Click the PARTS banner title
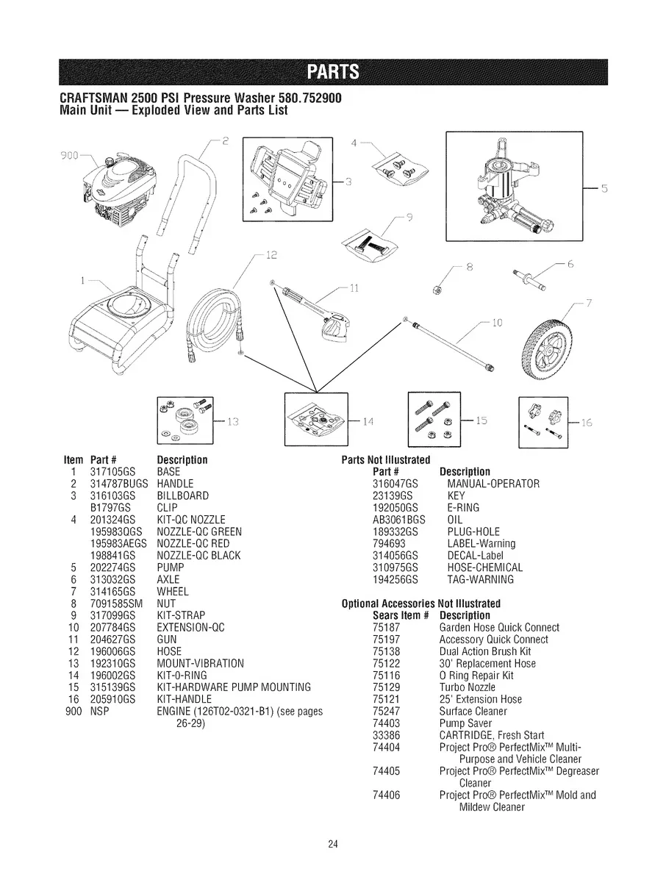(333, 71)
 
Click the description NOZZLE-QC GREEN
(199, 531)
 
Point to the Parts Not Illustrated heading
(386, 460)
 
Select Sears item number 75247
(387, 711)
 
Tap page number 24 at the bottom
(333, 844)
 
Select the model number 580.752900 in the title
(299, 99)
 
